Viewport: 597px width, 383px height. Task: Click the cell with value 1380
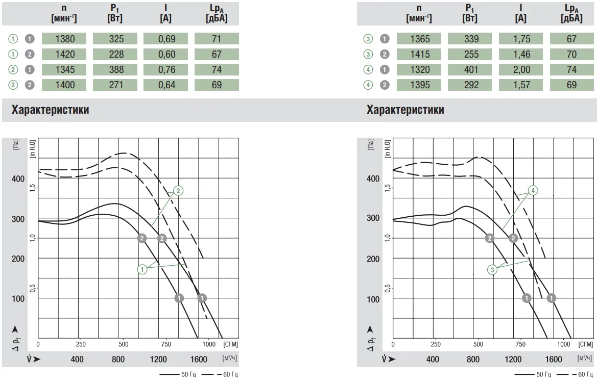tap(64, 39)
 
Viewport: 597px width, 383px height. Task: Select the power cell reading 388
tap(115, 69)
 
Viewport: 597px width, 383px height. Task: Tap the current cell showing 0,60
tap(165, 54)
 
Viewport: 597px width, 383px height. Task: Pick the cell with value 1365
tap(419, 39)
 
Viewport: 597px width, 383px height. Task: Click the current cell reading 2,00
tap(521, 69)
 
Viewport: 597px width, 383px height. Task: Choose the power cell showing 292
tap(470, 85)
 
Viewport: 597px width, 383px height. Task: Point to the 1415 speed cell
tap(419, 54)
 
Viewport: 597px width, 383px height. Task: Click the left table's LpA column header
tap(217, 14)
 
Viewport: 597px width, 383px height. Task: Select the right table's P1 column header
tap(470, 14)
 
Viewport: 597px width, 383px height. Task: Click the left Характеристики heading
tap(50, 110)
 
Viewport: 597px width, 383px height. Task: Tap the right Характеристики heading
tap(405, 110)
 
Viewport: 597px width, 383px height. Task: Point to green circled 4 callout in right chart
tap(533, 190)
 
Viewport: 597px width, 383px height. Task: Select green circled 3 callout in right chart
tap(492, 270)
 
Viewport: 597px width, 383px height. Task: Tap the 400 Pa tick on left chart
tap(17, 179)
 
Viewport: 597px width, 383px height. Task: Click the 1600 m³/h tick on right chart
tap(554, 360)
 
